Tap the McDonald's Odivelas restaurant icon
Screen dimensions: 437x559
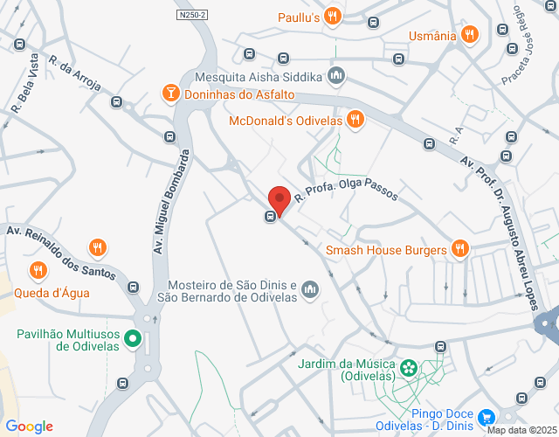tap(355, 121)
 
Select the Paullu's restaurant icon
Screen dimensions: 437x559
tap(332, 16)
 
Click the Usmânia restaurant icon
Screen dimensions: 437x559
tap(470, 36)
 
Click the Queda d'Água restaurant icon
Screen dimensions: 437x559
tap(38, 271)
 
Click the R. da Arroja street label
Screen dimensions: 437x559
tap(75, 75)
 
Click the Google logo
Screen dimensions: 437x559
tap(29, 427)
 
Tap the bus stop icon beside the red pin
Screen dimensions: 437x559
tap(272, 216)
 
